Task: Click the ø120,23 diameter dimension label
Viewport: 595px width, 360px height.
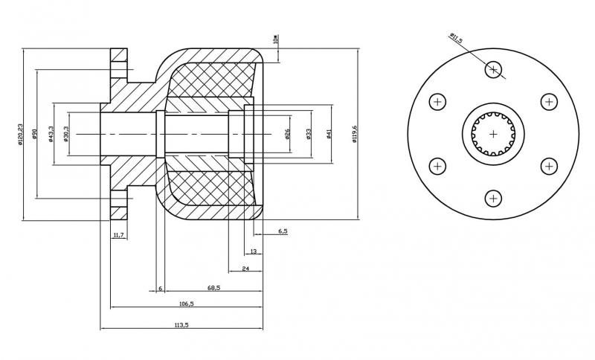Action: click(21, 134)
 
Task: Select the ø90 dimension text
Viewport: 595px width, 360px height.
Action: click(34, 134)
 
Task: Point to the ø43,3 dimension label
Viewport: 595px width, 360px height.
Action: click(51, 134)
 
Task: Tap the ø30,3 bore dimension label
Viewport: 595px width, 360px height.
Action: click(67, 134)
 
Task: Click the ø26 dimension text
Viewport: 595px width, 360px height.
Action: click(287, 134)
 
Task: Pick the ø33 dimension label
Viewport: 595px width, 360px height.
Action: click(308, 134)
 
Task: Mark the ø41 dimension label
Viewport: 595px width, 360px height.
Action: click(328, 134)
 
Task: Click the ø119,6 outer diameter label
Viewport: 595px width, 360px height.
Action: click(355, 134)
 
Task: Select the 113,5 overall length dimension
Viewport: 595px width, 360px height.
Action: click(181, 324)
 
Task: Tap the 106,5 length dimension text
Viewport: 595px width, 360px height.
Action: click(186, 303)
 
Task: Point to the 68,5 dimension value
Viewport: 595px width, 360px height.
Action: click(213, 287)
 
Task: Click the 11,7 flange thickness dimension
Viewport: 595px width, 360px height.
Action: click(118, 234)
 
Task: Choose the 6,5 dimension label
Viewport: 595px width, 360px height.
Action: click(283, 232)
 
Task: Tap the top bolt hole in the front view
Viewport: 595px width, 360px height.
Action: click(493, 70)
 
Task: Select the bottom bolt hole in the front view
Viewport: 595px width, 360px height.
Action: click(493, 199)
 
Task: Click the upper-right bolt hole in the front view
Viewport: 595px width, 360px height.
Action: click(549, 102)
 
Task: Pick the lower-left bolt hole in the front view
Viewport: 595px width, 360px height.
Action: click(437, 166)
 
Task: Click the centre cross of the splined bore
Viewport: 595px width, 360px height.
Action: click(493, 134)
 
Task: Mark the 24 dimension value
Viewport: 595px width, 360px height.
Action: click(245, 268)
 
